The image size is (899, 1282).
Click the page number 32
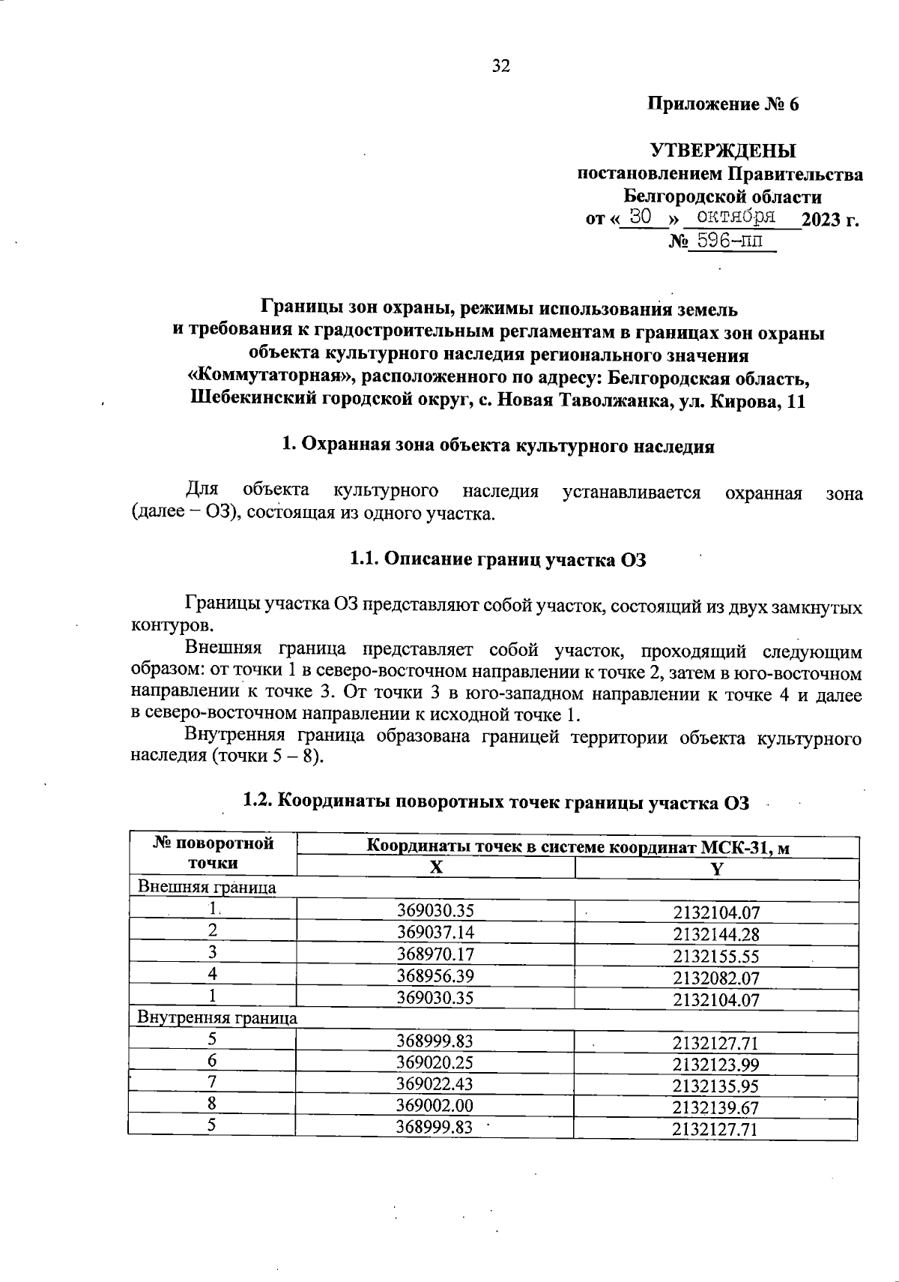500,66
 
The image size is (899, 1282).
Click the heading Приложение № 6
723,104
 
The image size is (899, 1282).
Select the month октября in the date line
733,217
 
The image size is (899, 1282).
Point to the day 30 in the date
641,217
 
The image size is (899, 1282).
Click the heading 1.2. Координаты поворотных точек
496,801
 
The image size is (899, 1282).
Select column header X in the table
435,867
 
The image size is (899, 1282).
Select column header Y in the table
716,868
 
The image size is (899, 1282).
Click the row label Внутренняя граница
217,1018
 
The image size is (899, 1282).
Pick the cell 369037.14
435,933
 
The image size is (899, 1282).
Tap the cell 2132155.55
716,955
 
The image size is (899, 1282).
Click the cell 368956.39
435,976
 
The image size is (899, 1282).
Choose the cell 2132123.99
716,1063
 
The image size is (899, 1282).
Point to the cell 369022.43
435,1084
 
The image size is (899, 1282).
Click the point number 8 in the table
213,1105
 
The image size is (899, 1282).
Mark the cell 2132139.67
716,1107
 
